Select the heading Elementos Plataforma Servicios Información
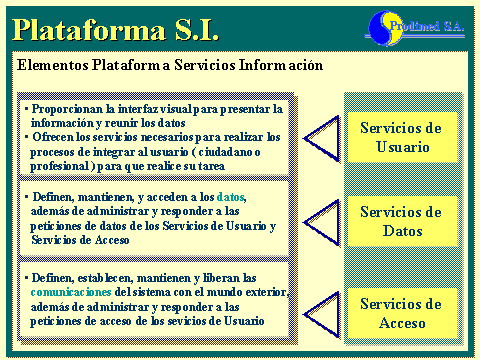point(171,65)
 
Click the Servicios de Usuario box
point(400,137)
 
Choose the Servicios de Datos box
point(400,221)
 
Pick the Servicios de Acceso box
point(400,313)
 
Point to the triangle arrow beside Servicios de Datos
point(321,221)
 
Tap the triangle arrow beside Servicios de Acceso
point(321,306)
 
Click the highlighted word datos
point(230,198)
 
